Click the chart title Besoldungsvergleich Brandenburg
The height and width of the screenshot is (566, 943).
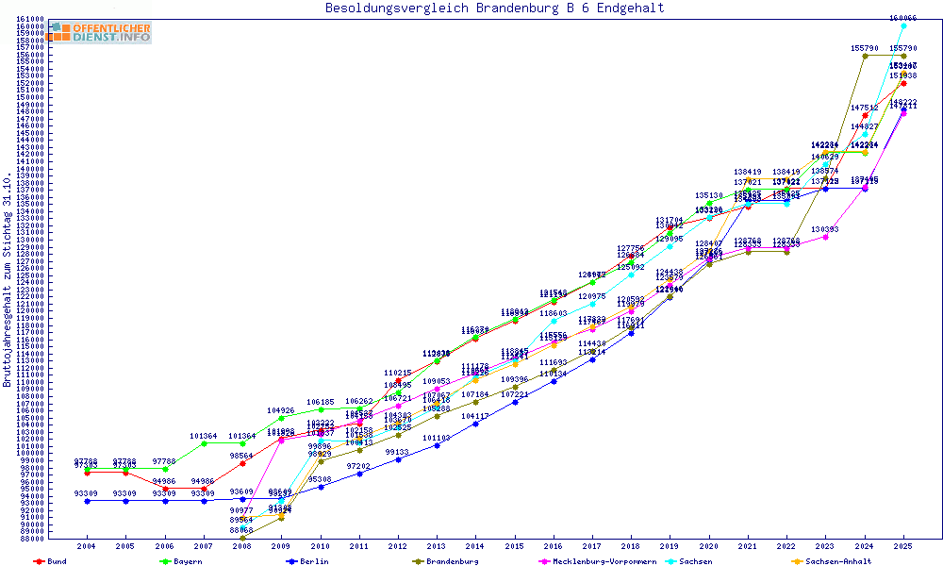tap(494, 8)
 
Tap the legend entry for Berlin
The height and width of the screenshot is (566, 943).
tap(312, 561)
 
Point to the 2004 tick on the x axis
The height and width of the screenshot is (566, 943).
tap(87, 546)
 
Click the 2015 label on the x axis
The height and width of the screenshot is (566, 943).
tap(515, 546)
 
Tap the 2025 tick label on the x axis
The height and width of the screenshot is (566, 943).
tap(903, 546)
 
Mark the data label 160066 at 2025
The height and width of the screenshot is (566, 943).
tap(902, 18)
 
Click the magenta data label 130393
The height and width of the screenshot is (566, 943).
tap(825, 229)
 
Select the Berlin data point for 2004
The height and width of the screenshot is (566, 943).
tap(87, 501)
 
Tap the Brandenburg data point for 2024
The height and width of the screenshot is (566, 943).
tap(865, 56)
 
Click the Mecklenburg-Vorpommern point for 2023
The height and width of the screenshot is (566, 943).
tap(826, 237)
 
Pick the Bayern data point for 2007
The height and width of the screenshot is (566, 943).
tap(204, 443)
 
